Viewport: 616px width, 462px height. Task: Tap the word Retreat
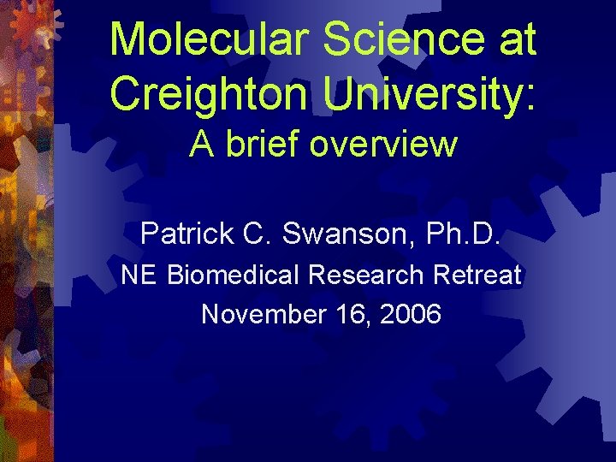pyautogui.click(x=477, y=275)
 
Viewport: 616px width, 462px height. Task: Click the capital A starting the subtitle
pyautogui.click(x=202, y=144)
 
